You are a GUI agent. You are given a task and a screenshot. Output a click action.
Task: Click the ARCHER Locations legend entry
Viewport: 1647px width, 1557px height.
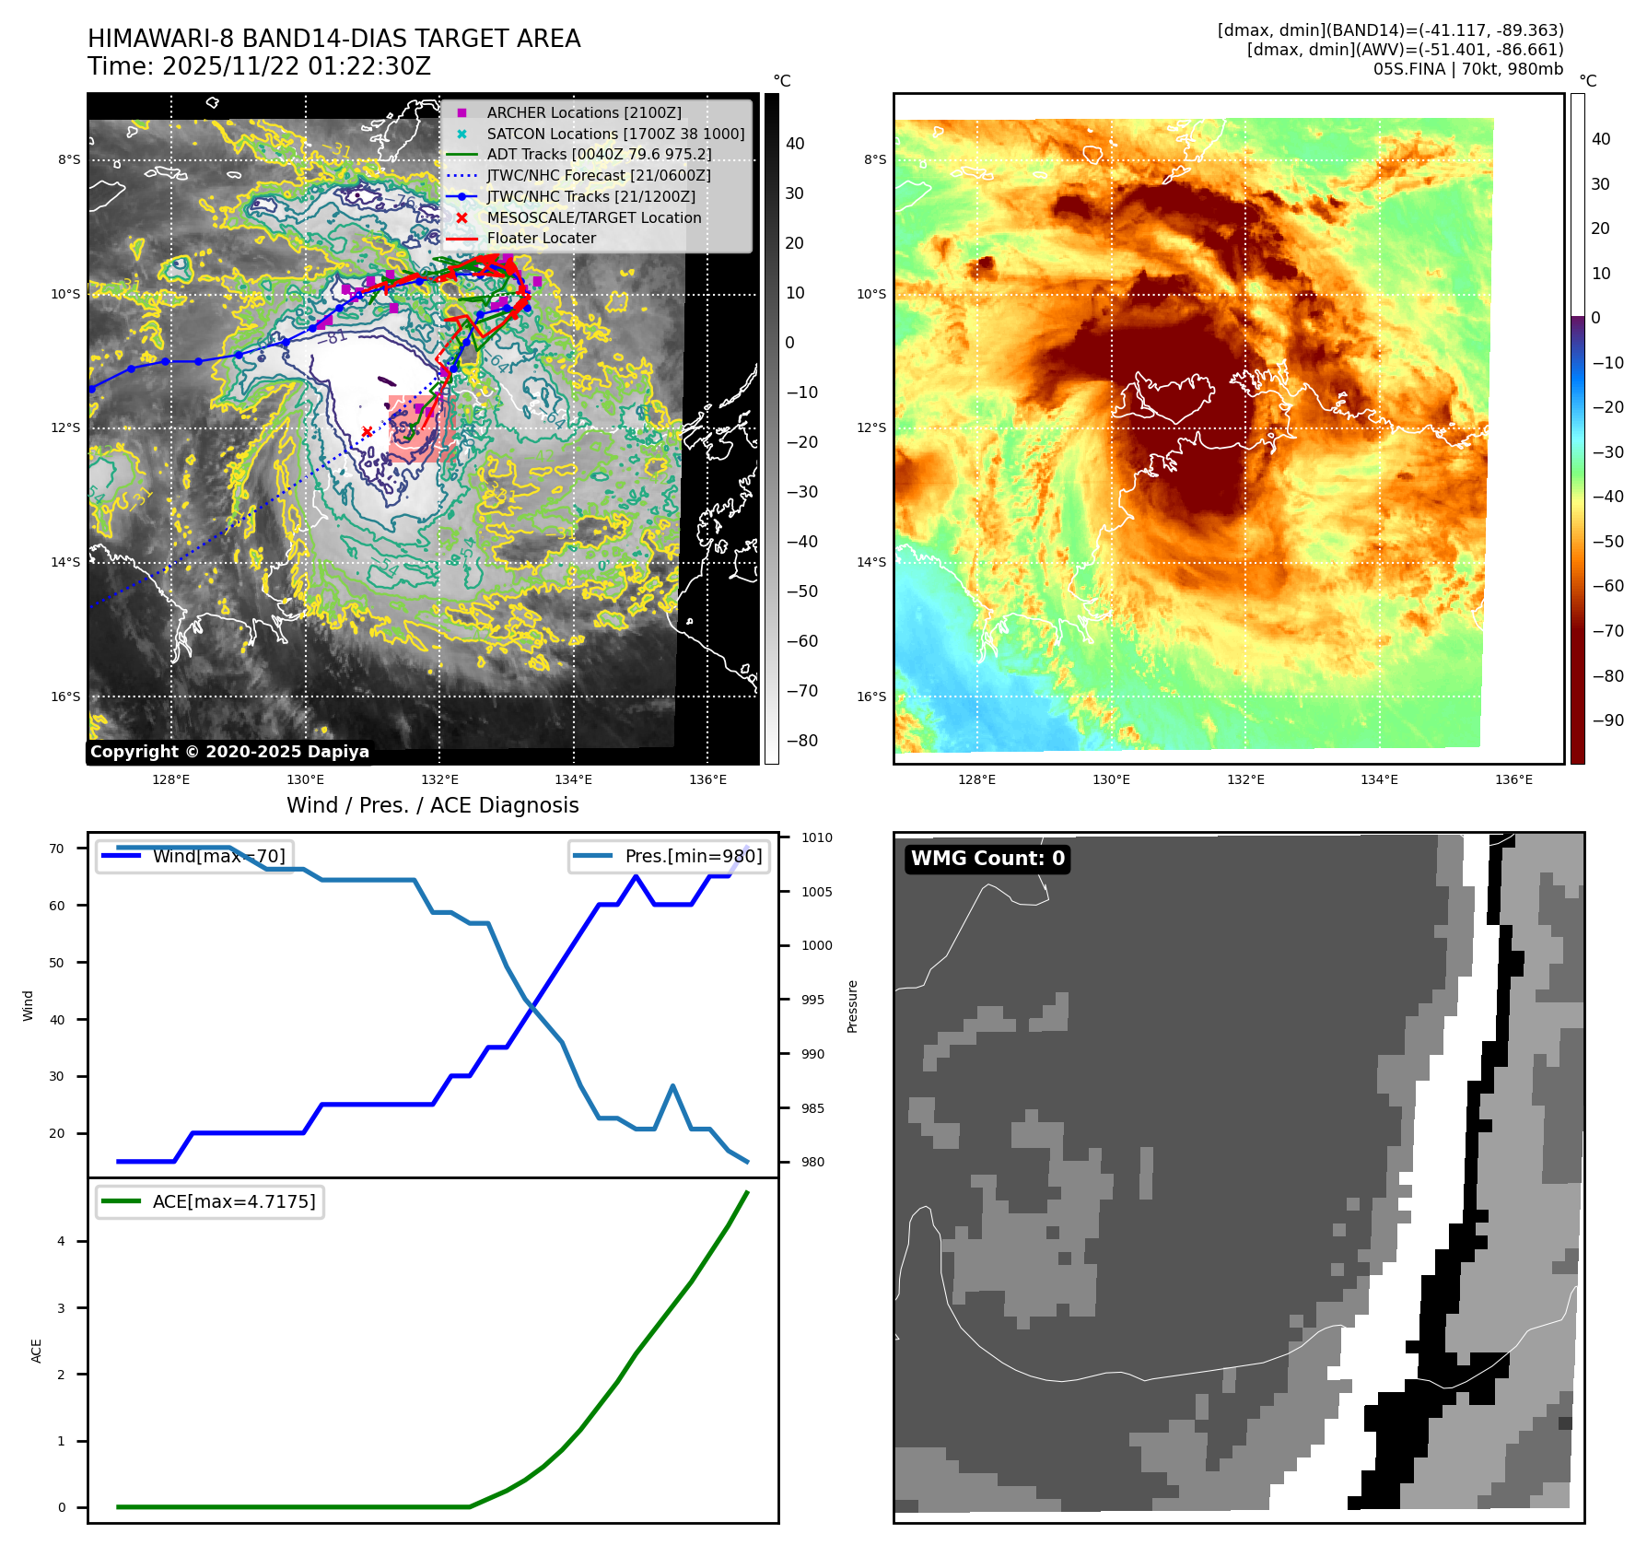584,112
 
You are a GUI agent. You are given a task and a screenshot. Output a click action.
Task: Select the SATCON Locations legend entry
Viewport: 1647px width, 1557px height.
615,134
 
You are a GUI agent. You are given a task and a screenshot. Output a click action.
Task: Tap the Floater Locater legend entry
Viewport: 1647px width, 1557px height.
541,238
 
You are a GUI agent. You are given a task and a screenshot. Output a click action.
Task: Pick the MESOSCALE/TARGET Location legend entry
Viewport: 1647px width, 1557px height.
593,217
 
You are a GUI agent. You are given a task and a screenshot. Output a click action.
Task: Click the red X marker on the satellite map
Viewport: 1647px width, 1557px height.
367,431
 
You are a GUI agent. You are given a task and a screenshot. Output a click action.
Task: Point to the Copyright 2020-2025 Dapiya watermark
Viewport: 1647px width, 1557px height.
229,752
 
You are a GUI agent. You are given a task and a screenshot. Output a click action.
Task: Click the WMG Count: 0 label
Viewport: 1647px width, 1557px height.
987,859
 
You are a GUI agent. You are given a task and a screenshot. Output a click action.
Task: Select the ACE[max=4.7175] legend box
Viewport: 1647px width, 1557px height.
210,1201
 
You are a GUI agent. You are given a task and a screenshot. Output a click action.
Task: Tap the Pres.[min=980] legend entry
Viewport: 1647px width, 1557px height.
670,856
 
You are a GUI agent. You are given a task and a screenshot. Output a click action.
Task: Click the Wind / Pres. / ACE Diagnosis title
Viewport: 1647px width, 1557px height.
433,805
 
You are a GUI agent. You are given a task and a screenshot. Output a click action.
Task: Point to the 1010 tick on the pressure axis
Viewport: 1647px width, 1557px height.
816,837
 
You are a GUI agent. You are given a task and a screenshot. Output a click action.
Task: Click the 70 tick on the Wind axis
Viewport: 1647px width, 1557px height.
57,849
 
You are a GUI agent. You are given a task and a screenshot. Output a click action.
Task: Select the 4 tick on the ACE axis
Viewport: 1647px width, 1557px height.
62,1241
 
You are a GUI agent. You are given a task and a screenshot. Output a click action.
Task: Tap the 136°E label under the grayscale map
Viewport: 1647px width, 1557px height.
707,779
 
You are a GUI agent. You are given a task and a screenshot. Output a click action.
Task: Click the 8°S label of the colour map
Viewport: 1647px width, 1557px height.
875,159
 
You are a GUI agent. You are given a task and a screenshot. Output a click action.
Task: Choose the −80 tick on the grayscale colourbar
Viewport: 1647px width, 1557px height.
802,741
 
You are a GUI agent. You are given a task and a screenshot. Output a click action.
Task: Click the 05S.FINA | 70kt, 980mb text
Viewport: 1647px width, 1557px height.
1468,69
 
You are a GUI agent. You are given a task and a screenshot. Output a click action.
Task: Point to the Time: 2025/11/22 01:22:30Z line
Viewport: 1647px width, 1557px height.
259,66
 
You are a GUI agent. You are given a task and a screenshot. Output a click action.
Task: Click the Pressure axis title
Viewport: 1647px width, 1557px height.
852,1006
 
